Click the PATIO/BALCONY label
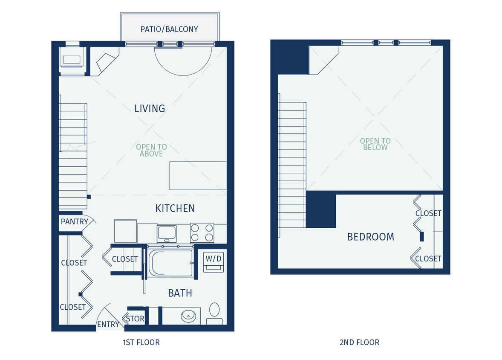tap(169, 29)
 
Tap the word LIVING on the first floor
tap(150, 108)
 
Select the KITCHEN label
tap(175, 208)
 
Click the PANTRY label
tap(74, 221)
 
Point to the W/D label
tap(213, 258)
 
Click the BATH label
tap(180, 293)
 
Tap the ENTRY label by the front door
tap(108, 324)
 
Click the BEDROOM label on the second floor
tap(370, 237)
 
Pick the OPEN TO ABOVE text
tap(151, 150)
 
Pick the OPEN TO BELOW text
tap(375, 144)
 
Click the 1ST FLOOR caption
tap(141, 342)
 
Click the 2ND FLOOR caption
tap(359, 342)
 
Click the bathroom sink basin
tap(188, 316)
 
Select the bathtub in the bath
tap(171, 263)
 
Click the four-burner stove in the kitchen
tap(202, 233)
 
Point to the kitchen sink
tap(167, 233)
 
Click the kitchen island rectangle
tap(198, 176)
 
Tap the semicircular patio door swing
tap(183, 60)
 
